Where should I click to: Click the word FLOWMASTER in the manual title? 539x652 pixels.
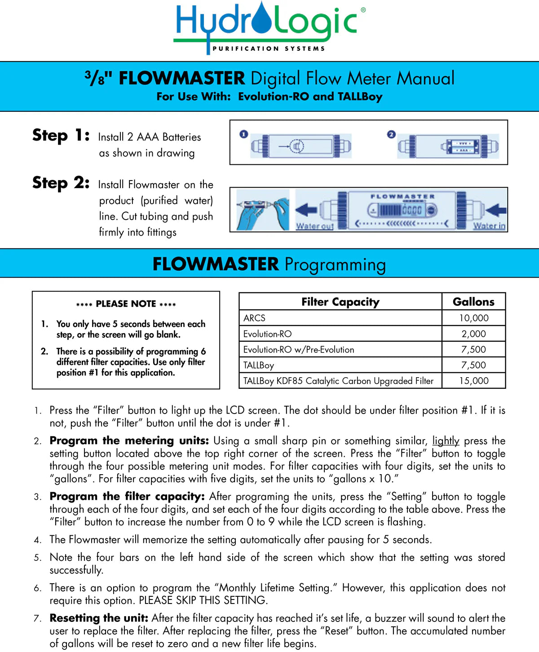(x=181, y=79)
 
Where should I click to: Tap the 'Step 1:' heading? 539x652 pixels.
(x=61, y=135)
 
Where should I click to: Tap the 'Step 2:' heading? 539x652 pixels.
(x=61, y=183)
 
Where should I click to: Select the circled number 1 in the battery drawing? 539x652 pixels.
(x=243, y=134)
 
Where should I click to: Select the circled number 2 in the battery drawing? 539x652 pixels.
(x=391, y=134)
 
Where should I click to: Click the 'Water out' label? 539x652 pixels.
(x=314, y=226)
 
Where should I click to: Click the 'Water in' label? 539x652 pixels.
(x=489, y=226)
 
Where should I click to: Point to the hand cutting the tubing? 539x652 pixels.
(x=263, y=210)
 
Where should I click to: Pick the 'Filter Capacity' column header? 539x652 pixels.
(x=340, y=302)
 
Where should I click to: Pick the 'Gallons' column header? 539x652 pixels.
(x=473, y=302)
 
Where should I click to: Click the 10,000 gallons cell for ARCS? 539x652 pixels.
(x=473, y=318)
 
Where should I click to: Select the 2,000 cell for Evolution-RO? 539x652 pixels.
(x=473, y=334)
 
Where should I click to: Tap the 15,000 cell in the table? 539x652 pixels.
(x=473, y=381)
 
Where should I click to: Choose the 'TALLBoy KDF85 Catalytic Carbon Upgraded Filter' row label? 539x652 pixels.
(x=338, y=381)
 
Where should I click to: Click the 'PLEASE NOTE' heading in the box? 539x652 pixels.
(x=126, y=304)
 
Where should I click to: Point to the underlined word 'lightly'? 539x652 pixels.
(x=446, y=441)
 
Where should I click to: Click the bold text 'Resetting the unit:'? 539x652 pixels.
(x=99, y=618)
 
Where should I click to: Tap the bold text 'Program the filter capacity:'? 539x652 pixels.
(x=127, y=497)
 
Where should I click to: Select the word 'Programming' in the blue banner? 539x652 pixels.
(x=335, y=264)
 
